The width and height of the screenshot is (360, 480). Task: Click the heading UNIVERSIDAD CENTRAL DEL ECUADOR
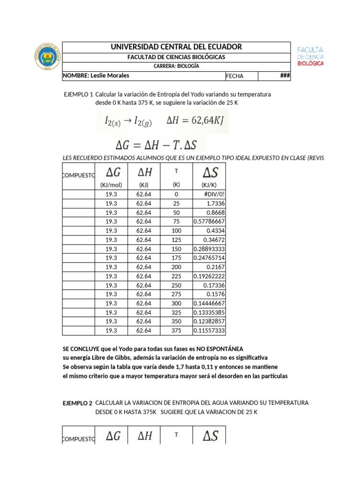click(x=176, y=47)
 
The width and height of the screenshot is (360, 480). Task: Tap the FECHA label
click(x=235, y=76)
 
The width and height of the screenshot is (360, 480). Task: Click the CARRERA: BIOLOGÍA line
click(x=176, y=66)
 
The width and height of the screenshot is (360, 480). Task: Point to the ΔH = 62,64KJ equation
click(x=195, y=120)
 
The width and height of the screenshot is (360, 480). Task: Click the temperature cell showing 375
click(x=176, y=330)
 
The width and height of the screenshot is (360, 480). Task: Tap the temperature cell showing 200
click(x=176, y=267)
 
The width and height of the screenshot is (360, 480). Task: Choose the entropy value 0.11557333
click(x=209, y=330)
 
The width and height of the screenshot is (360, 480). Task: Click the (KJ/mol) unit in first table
click(x=111, y=185)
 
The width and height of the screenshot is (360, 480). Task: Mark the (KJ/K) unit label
click(x=209, y=185)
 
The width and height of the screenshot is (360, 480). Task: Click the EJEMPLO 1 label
click(x=78, y=94)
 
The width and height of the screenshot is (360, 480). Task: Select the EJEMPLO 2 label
click(x=77, y=403)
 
